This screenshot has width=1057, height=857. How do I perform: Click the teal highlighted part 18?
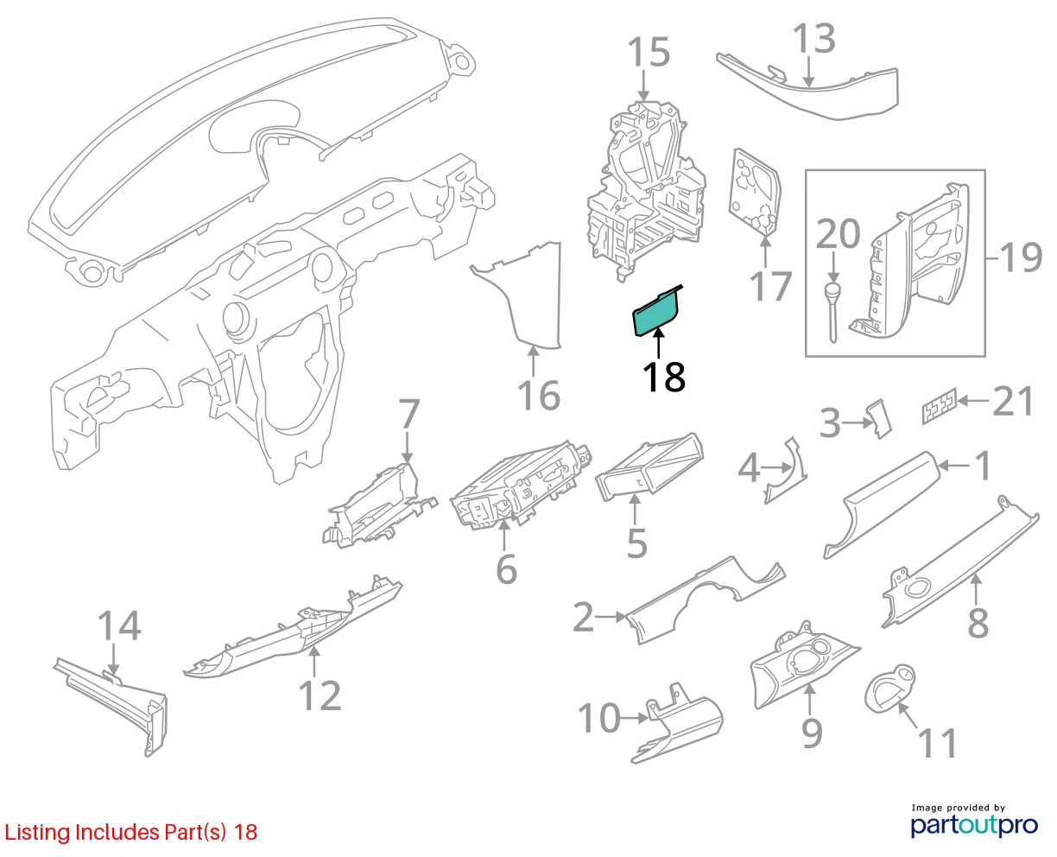click(655, 312)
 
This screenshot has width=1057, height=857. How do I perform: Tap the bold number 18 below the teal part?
click(664, 378)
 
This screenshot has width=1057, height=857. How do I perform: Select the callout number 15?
click(649, 52)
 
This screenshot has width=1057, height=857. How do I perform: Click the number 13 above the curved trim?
click(813, 38)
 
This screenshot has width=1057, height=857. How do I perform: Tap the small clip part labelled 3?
click(879, 419)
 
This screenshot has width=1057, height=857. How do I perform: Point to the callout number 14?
click(119, 625)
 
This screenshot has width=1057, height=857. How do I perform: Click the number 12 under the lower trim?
click(320, 695)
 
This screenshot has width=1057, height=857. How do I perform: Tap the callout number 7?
click(409, 414)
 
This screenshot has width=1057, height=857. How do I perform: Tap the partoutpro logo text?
click(974, 825)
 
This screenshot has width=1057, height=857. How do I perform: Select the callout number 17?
click(770, 286)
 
